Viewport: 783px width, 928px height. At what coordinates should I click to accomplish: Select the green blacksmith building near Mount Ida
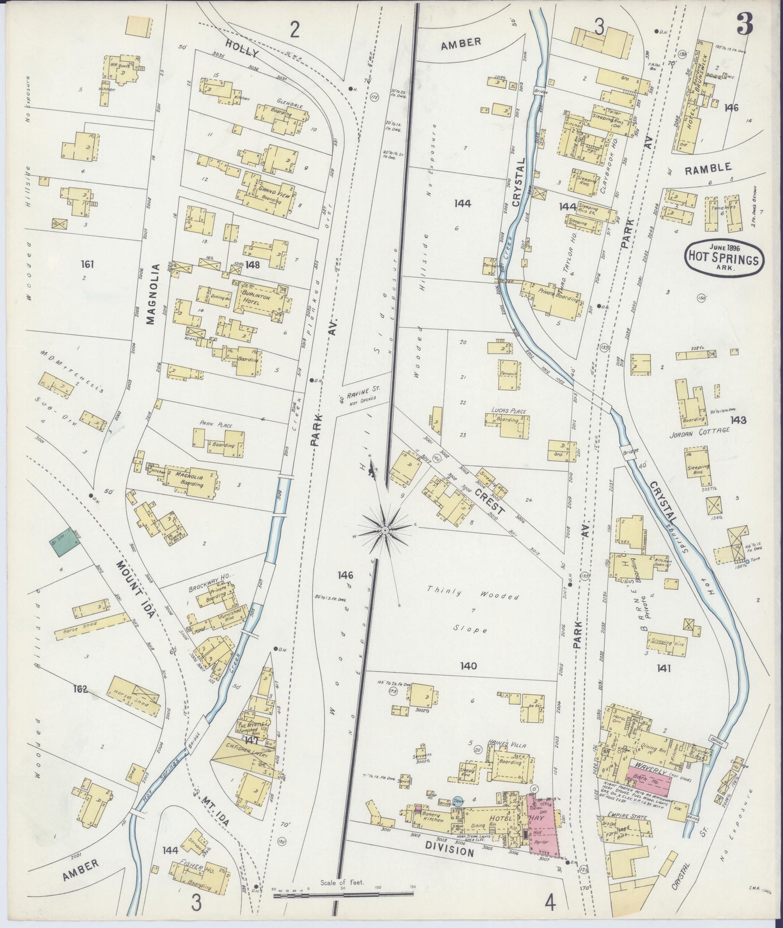(x=62, y=541)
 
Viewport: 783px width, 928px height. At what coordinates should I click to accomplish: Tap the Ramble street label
(x=707, y=168)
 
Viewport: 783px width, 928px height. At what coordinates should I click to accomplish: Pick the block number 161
(x=87, y=264)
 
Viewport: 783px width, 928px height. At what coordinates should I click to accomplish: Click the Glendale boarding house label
(x=289, y=106)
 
